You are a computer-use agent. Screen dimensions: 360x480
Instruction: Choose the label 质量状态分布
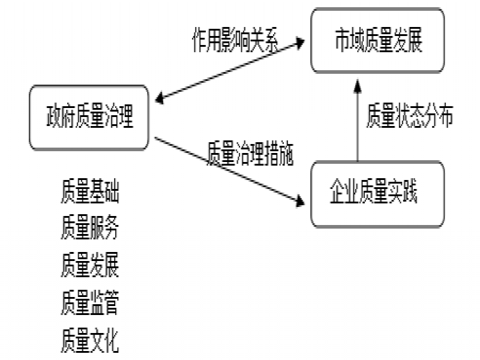tap(410, 117)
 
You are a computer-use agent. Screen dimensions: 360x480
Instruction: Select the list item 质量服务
tap(90, 229)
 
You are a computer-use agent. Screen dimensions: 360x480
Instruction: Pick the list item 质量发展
tap(90, 266)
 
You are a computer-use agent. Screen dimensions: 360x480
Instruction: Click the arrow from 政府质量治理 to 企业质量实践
tap(228, 170)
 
